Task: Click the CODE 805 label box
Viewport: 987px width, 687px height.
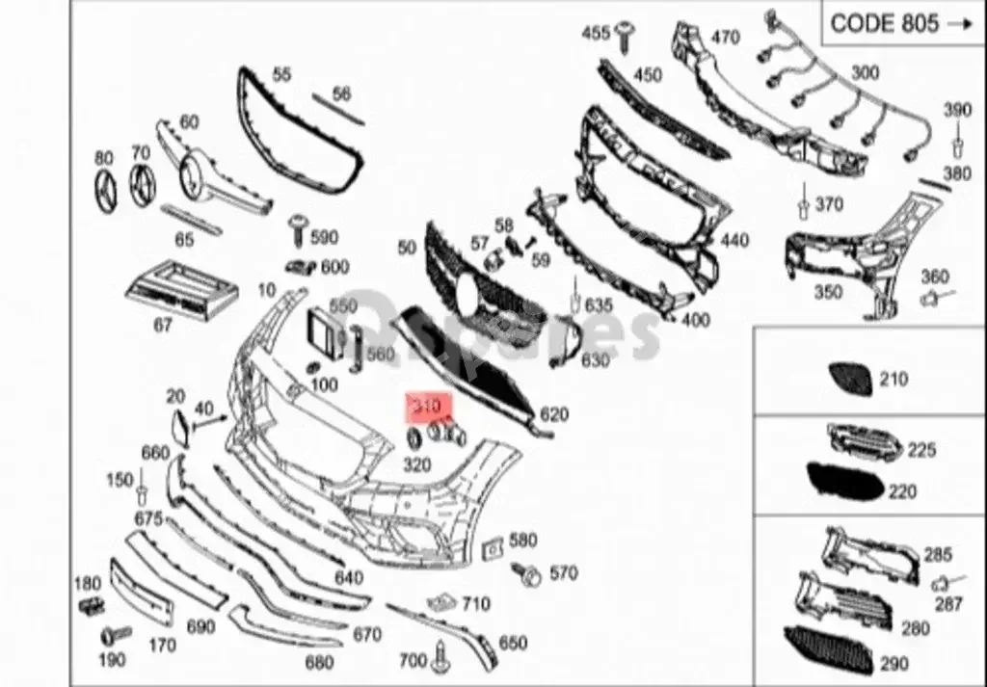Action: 902,23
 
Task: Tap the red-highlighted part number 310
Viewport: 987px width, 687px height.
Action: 425,408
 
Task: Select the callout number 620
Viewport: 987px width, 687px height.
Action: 554,414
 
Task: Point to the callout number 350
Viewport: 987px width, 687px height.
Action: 828,292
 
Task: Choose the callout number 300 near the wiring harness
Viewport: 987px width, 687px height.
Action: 865,72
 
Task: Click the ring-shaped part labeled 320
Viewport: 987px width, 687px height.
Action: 413,440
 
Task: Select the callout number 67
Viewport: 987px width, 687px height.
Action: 164,327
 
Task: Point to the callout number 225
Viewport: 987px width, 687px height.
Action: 920,450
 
